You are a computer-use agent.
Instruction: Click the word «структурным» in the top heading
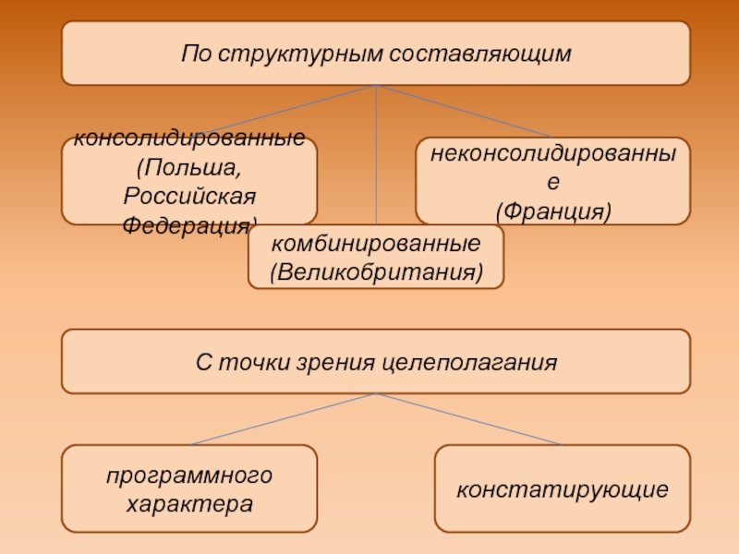[297, 53]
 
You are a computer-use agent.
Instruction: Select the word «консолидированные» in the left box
[189, 139]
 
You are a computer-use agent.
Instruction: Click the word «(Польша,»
[189, 169]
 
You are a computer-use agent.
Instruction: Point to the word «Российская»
[189, 198]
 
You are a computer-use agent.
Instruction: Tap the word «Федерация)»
[189, 224]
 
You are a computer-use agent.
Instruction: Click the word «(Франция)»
[552, 211]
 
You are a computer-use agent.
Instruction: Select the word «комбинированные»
[376, 245]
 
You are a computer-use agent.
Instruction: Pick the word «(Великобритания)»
[376, 273]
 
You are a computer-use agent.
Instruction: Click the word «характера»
[189, 504]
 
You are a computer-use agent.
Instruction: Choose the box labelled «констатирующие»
[562, 488]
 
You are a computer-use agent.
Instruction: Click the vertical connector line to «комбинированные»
[376, 157]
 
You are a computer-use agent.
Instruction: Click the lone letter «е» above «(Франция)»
[552, 184]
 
